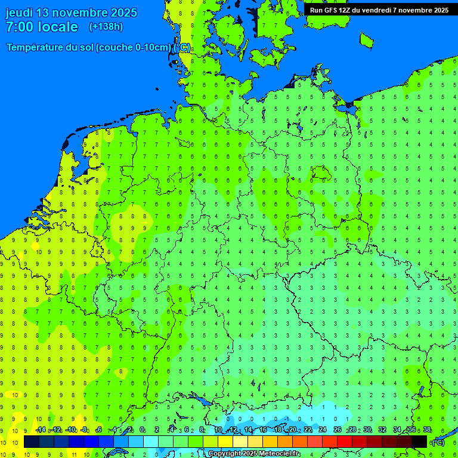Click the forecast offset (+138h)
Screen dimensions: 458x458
(x=106, y=27)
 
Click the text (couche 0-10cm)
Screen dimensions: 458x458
(x=134, y=47)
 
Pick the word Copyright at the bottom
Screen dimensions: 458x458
(x=226, y=454)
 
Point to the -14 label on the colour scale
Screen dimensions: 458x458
(x=41, y=430)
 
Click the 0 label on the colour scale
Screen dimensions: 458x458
(x=142, y=430)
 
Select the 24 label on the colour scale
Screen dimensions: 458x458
(x=323, y=430)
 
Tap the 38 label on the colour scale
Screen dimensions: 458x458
(x=427, y=430)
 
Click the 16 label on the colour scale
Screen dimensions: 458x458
(x=263, y=430)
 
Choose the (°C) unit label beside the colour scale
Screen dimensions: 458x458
(x=438, y=442)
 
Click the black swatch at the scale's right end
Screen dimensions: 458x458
(x=419, y=442)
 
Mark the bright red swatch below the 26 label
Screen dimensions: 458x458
(x=345, y=442)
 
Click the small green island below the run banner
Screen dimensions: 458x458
(x=366, y=40)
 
